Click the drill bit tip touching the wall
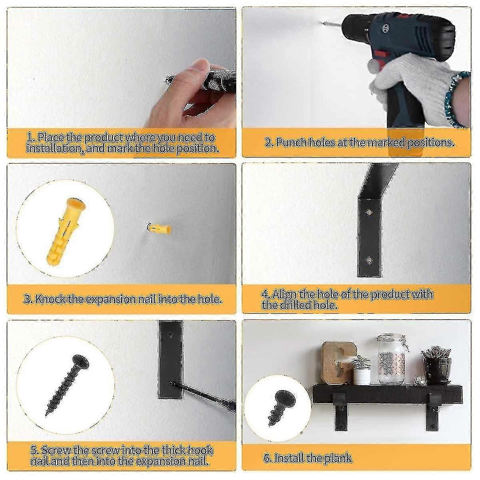pyautogui.click(x=321, y=23)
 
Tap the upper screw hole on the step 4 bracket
pyautogui.click(x=369, y=212)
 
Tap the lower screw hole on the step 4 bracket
pyautogui.click(x=369, y=260)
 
